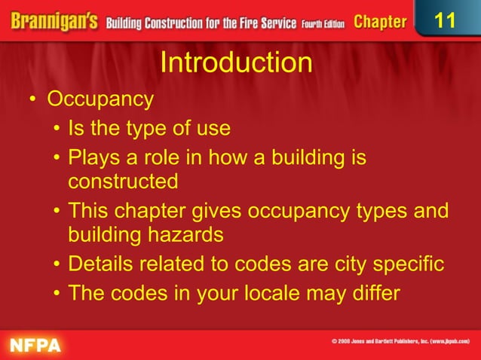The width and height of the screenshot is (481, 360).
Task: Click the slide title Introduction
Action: (x=236, y=63)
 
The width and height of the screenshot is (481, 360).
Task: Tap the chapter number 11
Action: (x=446, y=20)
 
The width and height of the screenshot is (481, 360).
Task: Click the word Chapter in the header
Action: (x=380, y=22)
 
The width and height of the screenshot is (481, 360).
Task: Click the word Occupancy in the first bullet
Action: (x=100, y=99)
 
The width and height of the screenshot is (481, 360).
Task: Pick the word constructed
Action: (x=123, y=182)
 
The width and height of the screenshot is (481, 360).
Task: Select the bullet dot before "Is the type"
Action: (x=57, y=130)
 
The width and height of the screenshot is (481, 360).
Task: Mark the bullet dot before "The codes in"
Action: (x=57, y=294)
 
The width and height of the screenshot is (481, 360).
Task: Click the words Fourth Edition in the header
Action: (x=323, y=23)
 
